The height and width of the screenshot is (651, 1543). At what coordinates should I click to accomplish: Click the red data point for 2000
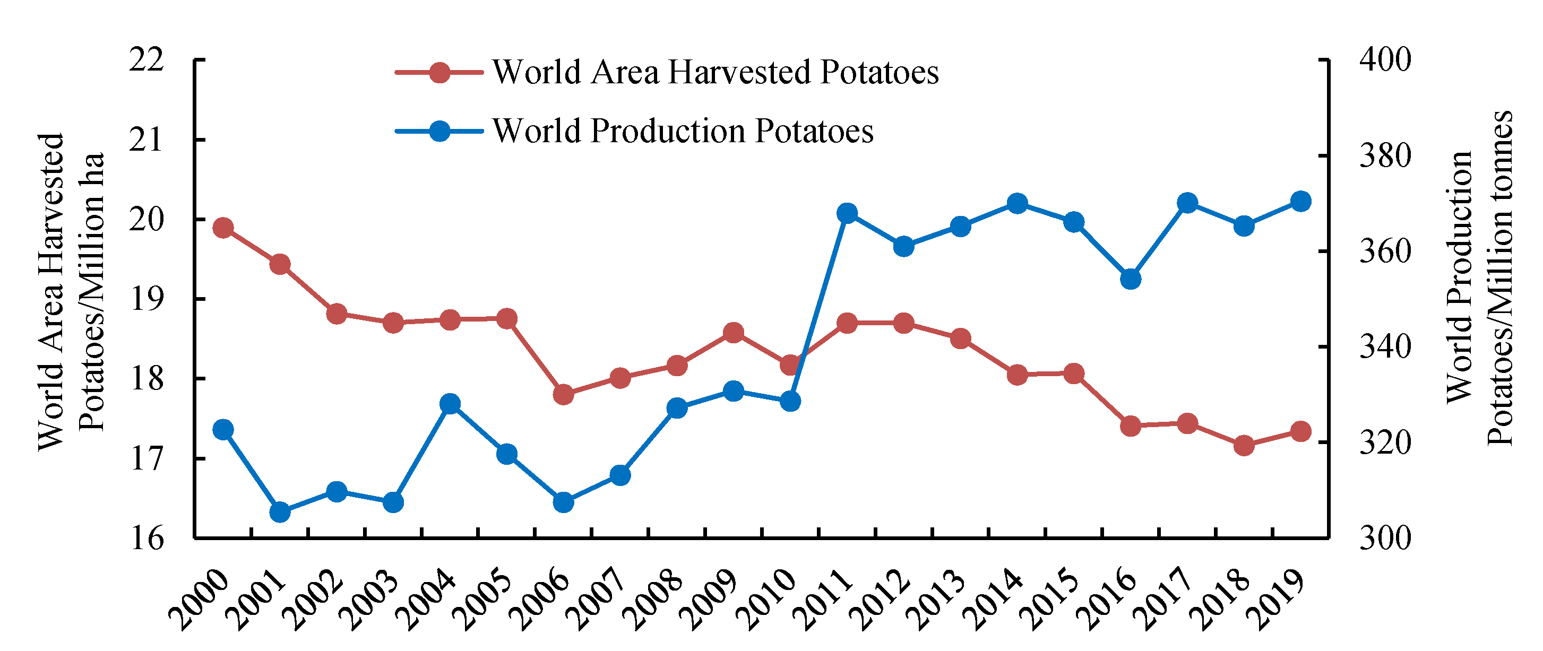pos(223,228)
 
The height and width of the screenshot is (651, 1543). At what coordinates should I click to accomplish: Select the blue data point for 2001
pos(280,512)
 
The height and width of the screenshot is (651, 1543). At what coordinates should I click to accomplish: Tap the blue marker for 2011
pos(847,213)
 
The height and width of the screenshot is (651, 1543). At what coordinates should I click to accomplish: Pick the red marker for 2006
pos(563,394)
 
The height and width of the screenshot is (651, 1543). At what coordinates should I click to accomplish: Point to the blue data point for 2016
pos(1130,279)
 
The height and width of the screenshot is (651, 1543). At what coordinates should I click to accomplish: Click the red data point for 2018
pos(1244,445)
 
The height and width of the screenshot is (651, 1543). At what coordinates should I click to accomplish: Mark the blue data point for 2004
pos(450,404)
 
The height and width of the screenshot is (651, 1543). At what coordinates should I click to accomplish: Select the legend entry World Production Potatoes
pos(683,131)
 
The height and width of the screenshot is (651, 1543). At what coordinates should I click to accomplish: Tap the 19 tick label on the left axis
pos(146,299)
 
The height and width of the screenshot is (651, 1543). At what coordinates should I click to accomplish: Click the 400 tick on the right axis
pos(1385,59)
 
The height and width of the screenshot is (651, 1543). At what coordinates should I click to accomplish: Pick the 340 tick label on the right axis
pos(1385,347)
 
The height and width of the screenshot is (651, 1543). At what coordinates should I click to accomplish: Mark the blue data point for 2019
pos(1300,202)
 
